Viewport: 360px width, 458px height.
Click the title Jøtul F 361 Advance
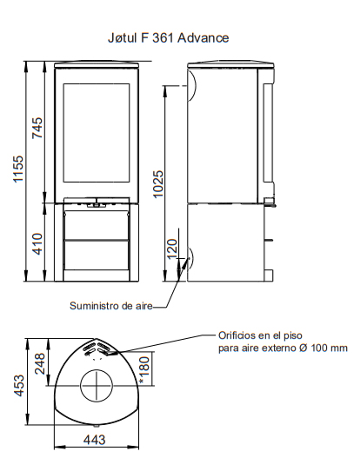[x=169, y=38]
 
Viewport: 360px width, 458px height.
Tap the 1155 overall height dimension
[x=18, y=169]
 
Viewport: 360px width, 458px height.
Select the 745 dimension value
[x=37, y=128]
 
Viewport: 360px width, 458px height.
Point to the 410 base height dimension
[x=37, y=244]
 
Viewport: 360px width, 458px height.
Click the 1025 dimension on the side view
[x=158, y=184]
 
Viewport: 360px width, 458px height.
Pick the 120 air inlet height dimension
[x=172, y=249]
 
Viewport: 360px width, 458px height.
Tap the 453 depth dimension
[x=19, y=386]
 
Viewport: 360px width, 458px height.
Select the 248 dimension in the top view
[x=40, y=363]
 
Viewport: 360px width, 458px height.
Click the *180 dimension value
[x=144, y=370]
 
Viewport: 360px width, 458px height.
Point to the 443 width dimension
[x=95, y=440]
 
